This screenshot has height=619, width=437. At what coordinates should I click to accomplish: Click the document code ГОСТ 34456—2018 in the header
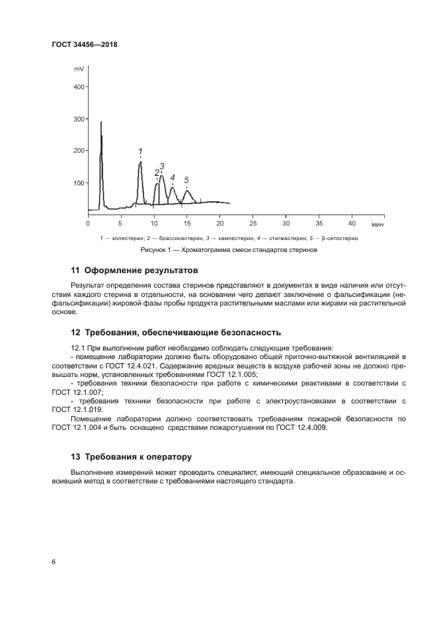(84, 45)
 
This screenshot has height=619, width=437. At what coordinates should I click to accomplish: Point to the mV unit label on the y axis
(79, 69)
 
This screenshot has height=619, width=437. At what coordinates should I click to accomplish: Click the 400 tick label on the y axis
(78, 87)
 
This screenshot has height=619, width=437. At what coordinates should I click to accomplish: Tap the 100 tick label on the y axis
(78, 183)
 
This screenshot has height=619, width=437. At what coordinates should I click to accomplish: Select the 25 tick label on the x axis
(253, 224)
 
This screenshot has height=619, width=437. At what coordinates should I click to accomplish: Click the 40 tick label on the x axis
(352, 224)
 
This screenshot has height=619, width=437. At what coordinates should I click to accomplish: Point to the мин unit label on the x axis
(377, 224)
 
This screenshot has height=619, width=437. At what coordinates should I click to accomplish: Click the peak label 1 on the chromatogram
(140, 151)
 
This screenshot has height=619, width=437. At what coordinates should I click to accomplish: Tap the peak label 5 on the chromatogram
(186, 180)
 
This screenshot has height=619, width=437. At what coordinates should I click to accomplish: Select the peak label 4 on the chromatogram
(173, 178)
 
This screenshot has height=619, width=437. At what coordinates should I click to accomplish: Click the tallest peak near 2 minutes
(101, 123)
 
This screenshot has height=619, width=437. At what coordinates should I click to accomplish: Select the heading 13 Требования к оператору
(131, 456)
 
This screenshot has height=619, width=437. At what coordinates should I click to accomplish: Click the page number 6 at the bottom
(54, 561)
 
